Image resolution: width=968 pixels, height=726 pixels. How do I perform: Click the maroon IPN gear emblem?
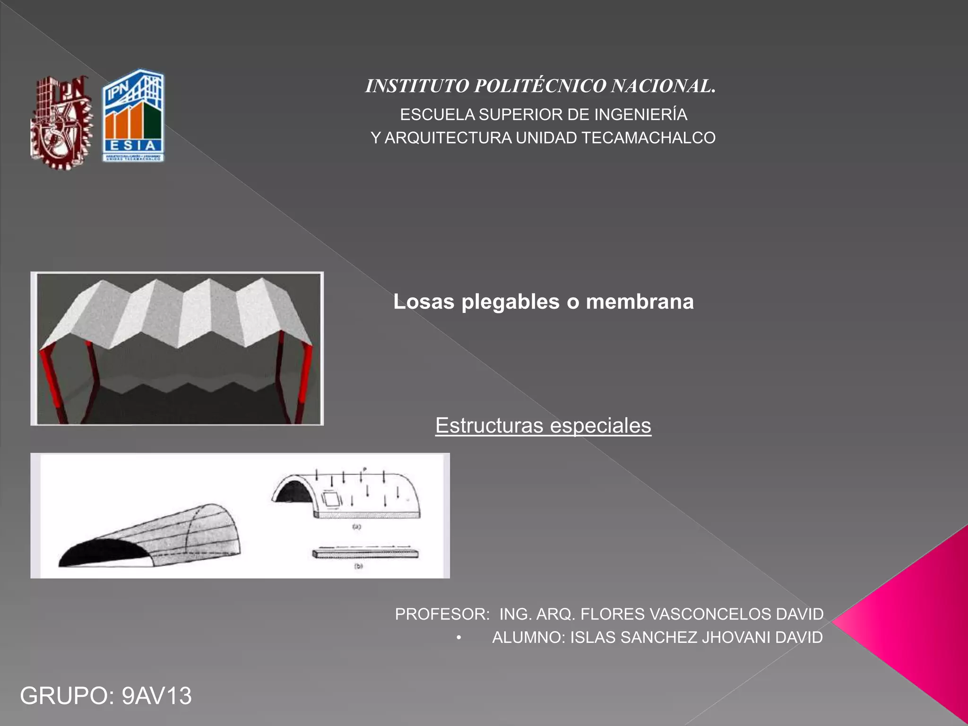click(x=61, y=121)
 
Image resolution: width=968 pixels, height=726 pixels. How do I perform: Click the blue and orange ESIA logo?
click(x=134, y=116)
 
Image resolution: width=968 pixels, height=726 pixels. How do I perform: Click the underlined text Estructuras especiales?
click(x=543, y=425)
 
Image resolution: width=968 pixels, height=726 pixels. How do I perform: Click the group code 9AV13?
click(x=156, y=696)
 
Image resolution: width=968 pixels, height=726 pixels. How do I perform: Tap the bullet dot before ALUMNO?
click(x=458, y=638)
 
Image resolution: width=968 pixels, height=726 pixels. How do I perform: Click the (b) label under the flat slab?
click(x=358, y=566)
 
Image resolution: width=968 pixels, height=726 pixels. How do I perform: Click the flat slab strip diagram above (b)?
click(x=365, y=553)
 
